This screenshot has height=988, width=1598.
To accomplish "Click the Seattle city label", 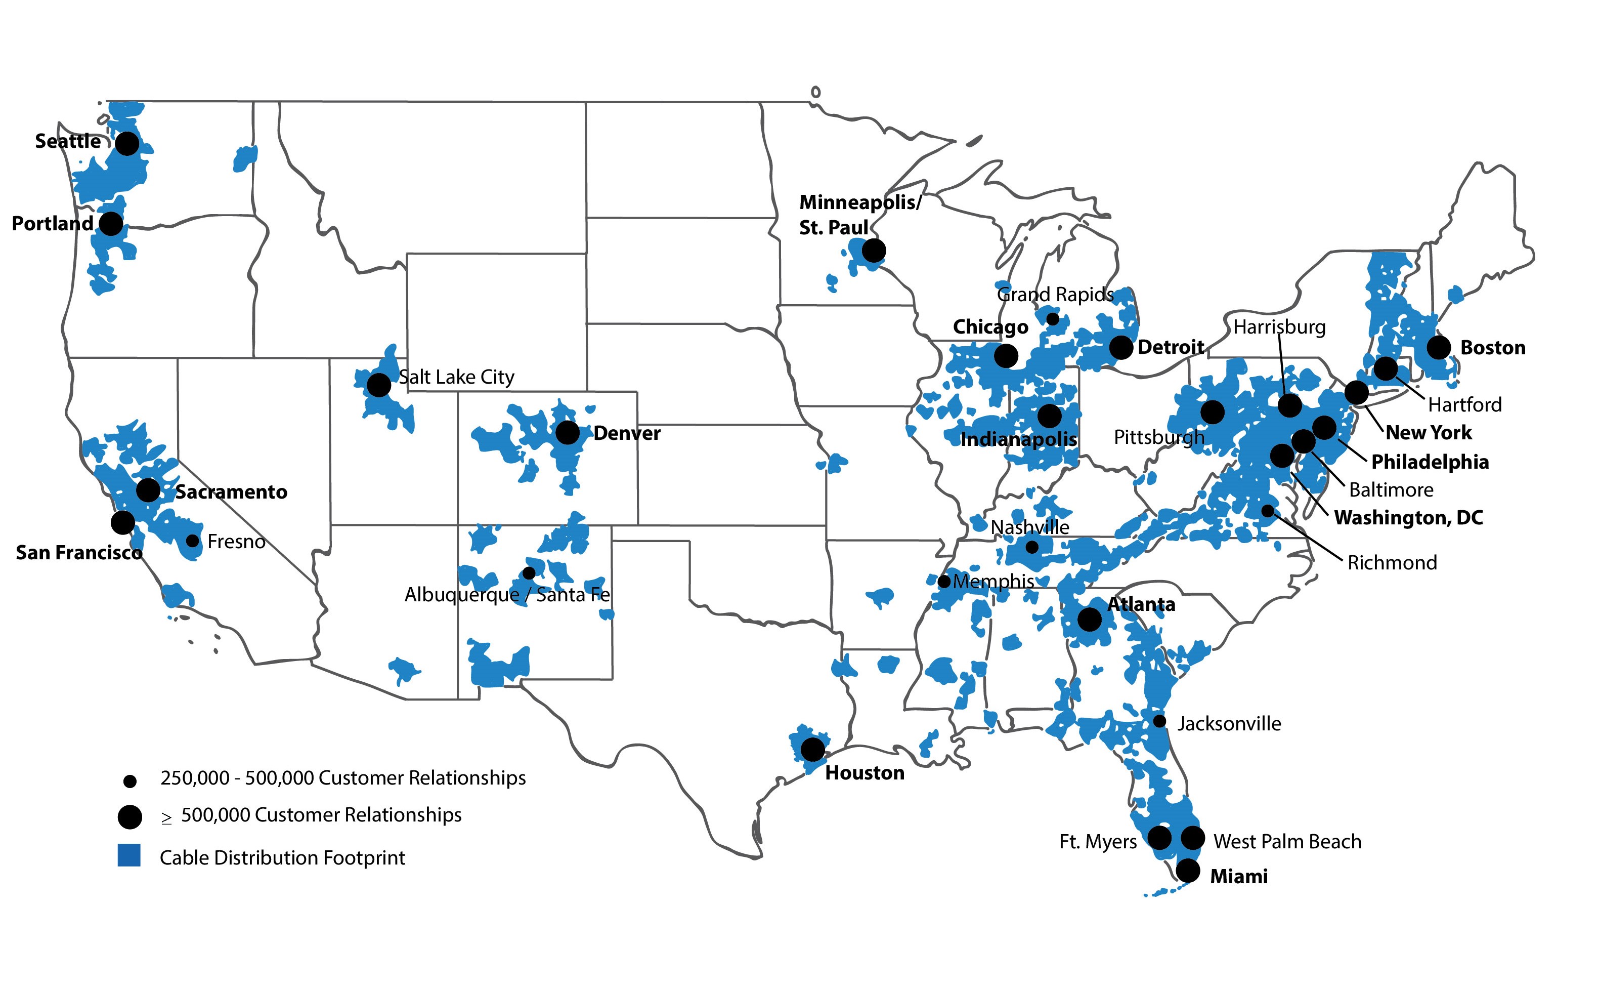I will (x=68, y=141).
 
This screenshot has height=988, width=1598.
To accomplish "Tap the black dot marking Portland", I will (x=111, y=224).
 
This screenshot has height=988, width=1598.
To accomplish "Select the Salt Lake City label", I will (x=456, y=377).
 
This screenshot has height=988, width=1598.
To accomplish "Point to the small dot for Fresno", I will (x=192, y=541).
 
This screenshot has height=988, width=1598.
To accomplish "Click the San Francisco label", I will (x=78, y=553).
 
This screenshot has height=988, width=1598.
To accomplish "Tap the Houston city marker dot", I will (x=812, y=749).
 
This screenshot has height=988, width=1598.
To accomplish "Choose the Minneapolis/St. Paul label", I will (x=859, y=214).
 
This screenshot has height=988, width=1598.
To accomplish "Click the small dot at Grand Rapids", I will (x=1053, y=319).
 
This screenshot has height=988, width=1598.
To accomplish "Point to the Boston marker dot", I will (x=1439, y=347).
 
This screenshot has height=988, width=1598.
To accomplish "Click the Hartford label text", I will (x=1465, y=405).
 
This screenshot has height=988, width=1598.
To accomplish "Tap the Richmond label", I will (x=1392, y=563).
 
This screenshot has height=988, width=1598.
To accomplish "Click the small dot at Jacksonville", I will (x=1159, y=721).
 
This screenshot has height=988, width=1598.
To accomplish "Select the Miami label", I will (x=1239, y=876).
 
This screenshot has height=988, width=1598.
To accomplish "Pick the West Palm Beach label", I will (x=1287, y=842).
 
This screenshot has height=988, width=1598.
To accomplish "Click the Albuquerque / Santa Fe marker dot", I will (x=529, y=573).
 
